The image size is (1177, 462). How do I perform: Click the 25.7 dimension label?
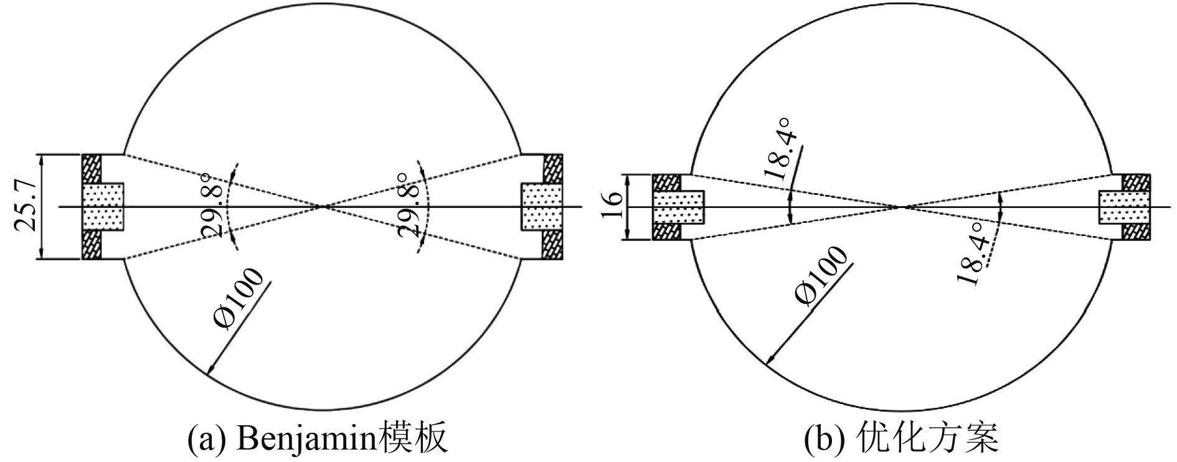26,206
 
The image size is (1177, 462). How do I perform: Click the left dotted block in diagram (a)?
103,206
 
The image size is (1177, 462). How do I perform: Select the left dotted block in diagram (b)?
678,207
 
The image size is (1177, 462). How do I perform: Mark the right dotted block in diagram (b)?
1124,207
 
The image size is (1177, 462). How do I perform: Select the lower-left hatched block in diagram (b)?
667,232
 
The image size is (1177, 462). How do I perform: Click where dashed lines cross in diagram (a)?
322,206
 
